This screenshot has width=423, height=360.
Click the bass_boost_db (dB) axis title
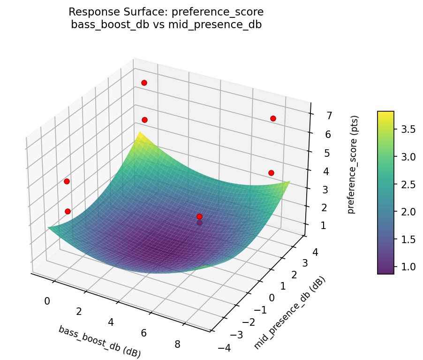[x=99, y=342]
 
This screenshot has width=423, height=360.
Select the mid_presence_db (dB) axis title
[x=289, y=313]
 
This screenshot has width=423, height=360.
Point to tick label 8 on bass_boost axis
[x=177, y=344]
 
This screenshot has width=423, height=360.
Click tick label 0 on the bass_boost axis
[x=47, y=301]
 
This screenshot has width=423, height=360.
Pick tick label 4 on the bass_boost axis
[x=111, y=322]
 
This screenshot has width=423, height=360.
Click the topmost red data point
[x=144, y=83]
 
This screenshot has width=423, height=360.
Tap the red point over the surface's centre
[x=199, y=216]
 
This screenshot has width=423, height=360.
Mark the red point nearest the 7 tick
[x=273, y=118]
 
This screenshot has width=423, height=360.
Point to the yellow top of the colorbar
[x=385, y=114]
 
